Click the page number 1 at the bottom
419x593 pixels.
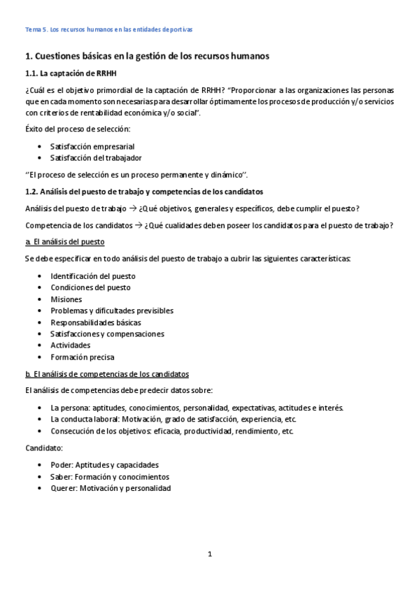pyautogui.click(x=209, y=555)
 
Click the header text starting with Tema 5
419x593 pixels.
pyautogui.click(x=108, y=30)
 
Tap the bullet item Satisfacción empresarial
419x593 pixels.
pyautogui.click(x=92, y=147)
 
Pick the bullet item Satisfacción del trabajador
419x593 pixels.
pyautogui.click(x=96, y=158)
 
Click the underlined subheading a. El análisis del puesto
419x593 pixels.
pyautogui.click(x=64, y=242)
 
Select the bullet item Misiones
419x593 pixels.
pyautogui.click(x=66, y=299)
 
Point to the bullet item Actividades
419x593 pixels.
pyautogui.click(x=70, y=345)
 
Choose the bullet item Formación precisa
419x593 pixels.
pyautogui.click(x=82, y=357)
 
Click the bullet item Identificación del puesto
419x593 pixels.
pyautogui.click(x=93, y=276)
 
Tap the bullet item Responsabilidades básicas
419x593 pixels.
pyautogui.click(x=95, y=322)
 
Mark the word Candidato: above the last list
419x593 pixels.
pyautogui.click(x=44, y=447)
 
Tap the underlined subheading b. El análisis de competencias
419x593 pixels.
pyautogui.click(x=106, y=374)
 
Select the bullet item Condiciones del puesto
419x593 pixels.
pyautogui.click(x=90, y=287)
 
